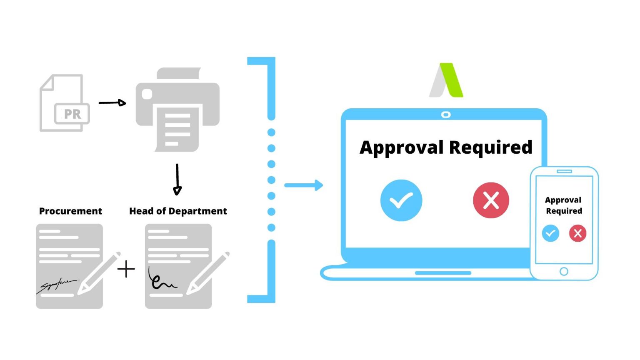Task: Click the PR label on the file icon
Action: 72,114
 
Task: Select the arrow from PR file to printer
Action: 112,102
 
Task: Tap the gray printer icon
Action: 177,110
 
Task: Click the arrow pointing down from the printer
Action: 177,179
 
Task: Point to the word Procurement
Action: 70,211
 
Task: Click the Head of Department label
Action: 178,211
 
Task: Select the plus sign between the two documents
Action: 126,269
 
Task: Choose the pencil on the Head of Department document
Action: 207,273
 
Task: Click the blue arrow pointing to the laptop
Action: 304,185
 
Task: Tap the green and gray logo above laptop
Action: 446,80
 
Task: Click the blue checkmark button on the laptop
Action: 401,200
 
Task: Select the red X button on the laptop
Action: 491,200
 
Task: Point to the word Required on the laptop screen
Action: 490,147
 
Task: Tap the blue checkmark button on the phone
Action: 550,233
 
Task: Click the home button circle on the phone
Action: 564,272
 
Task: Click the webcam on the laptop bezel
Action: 446,115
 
